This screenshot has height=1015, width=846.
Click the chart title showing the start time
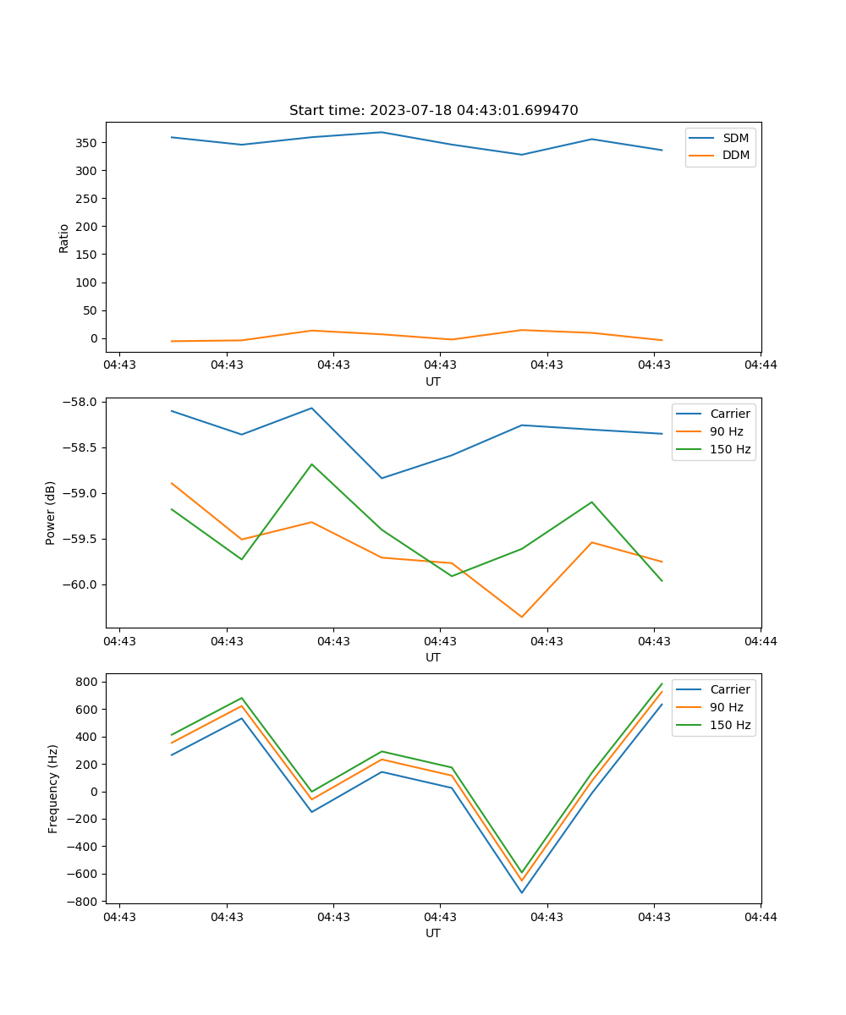tap(433, 111)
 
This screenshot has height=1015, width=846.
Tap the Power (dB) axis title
tap(51, 513)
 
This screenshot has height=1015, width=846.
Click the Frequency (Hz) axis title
tap(53, 788)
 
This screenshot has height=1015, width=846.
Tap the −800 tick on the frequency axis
tap(85, 902)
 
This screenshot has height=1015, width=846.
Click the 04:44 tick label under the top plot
tap(761, 365)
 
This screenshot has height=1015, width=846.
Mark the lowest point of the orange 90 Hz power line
tap(521, 617)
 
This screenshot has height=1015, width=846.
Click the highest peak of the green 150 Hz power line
tap(311, 464)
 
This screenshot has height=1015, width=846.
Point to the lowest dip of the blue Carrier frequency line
tap(521, 892)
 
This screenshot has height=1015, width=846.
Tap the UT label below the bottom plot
tap(433, 933)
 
